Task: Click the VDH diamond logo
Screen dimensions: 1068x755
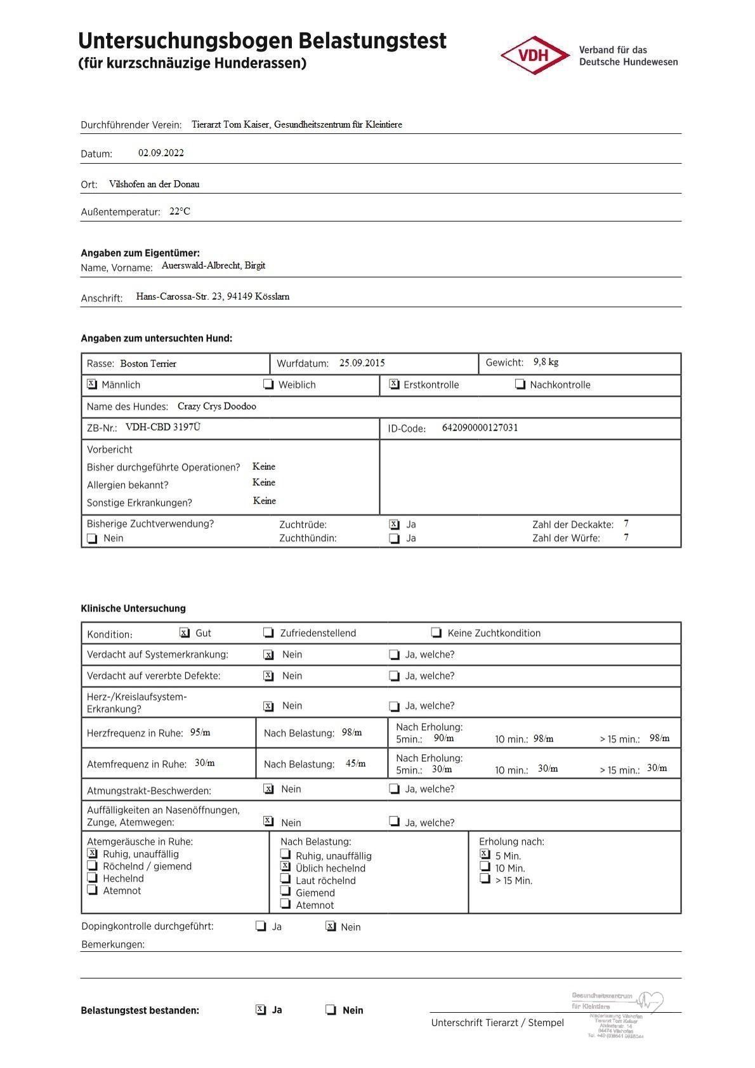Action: click(x=535, y=55)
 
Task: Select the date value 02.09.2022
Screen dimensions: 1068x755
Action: click(x=161, y=153)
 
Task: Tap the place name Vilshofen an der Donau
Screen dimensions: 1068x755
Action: click(x=154, y=184)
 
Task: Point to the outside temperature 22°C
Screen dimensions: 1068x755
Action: click(x=180, y=211)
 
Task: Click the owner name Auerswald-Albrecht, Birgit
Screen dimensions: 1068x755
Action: click(x=213, y=265)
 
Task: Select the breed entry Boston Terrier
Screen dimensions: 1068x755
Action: click(x=148, y=364)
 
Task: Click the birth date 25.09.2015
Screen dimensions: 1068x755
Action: click(x=362, y=363)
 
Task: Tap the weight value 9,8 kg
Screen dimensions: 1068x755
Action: click(x=546, y=362)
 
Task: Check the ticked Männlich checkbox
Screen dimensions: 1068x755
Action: click(x=92, y=384)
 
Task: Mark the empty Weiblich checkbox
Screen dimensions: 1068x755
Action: click(x=268, y=384)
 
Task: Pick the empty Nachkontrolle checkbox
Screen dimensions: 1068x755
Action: click(x=520, y=384)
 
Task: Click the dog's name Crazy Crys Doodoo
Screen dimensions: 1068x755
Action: click(x=217, y=406)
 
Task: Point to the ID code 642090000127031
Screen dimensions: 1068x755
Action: click(x=480, y=428)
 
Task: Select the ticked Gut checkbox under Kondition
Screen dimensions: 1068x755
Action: click(x=185, y=632)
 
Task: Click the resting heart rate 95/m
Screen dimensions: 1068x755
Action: click(x=200, y=733)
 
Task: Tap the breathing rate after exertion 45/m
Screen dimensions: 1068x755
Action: click(x=355, y=764)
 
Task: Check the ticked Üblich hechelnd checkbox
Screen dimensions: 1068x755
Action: click(x=286, y=866)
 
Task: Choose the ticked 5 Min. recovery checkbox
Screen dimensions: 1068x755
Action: click(x=485, y=854)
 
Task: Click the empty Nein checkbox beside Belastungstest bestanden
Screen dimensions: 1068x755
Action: click(x=331, y=1010)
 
